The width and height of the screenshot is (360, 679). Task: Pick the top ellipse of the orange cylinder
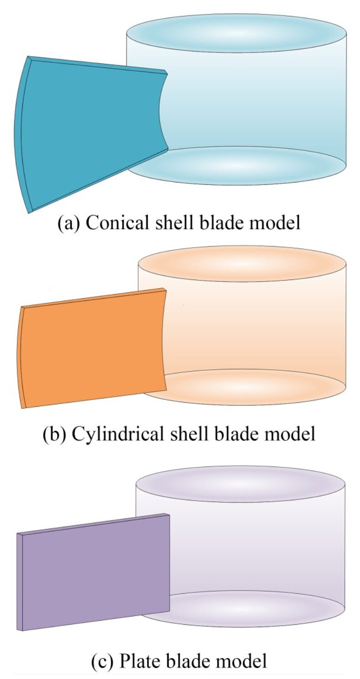click(x=242, y=264)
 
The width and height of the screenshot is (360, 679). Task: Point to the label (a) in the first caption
click(x=68, y=223)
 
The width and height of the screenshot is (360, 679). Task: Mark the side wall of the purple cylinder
click(x=255, y=547)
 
